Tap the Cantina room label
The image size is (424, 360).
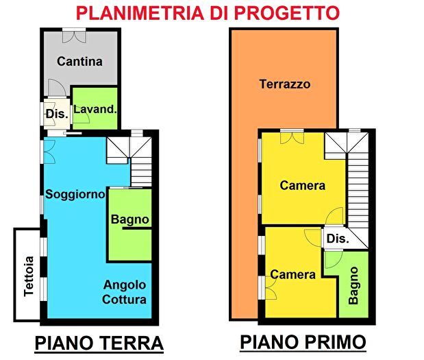[79, 61]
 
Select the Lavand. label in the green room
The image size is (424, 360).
[95, 109]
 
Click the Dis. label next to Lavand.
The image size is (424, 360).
[56, 114]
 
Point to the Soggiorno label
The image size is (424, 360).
[75, 194]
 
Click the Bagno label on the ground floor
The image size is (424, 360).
[130, 219]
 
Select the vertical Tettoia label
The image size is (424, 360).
[28, 276]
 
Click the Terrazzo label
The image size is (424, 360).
[284, 84]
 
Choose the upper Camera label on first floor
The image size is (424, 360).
[302, 185]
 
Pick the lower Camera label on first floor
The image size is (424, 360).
[292, 274]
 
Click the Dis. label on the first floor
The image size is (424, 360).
[337, 239]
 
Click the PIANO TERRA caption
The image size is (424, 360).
[99, 342]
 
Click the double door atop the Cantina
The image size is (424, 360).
[72, 34]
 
